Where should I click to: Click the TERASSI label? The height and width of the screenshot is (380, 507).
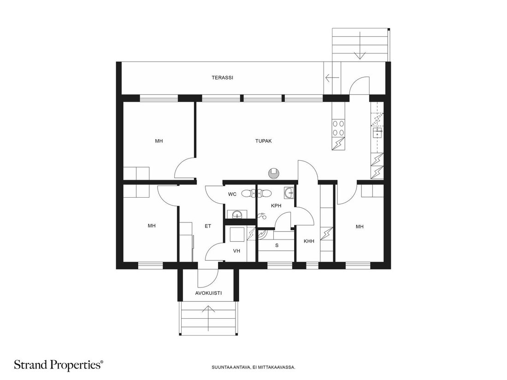click(x=222, y=77)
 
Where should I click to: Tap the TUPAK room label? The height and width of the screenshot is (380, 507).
click(x=263, y=141)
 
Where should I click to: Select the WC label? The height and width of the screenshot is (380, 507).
click(x=232, y=194)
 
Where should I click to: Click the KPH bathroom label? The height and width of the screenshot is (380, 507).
click(x=276, y=205)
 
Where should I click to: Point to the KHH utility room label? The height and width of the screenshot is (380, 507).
click(x=309, y=241)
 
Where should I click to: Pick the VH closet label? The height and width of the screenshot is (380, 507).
click(x=236, y=251)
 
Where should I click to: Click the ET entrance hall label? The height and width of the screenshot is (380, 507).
click(x=207, y=226)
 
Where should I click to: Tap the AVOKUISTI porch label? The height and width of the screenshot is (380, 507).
click(x=208, y=293)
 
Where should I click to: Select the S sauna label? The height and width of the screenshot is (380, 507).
click(x=277, y=245)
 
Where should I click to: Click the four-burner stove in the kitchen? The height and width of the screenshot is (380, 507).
click(x=338, y=128)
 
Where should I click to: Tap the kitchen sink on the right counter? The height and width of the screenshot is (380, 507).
click(x=377, y=132)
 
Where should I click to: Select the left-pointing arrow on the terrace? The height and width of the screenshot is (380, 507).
click(x=332, y=77)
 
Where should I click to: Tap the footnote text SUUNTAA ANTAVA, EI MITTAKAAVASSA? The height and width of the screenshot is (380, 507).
click(x=253, y=368)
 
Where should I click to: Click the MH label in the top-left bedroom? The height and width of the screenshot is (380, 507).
click(x=159, y=141)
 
